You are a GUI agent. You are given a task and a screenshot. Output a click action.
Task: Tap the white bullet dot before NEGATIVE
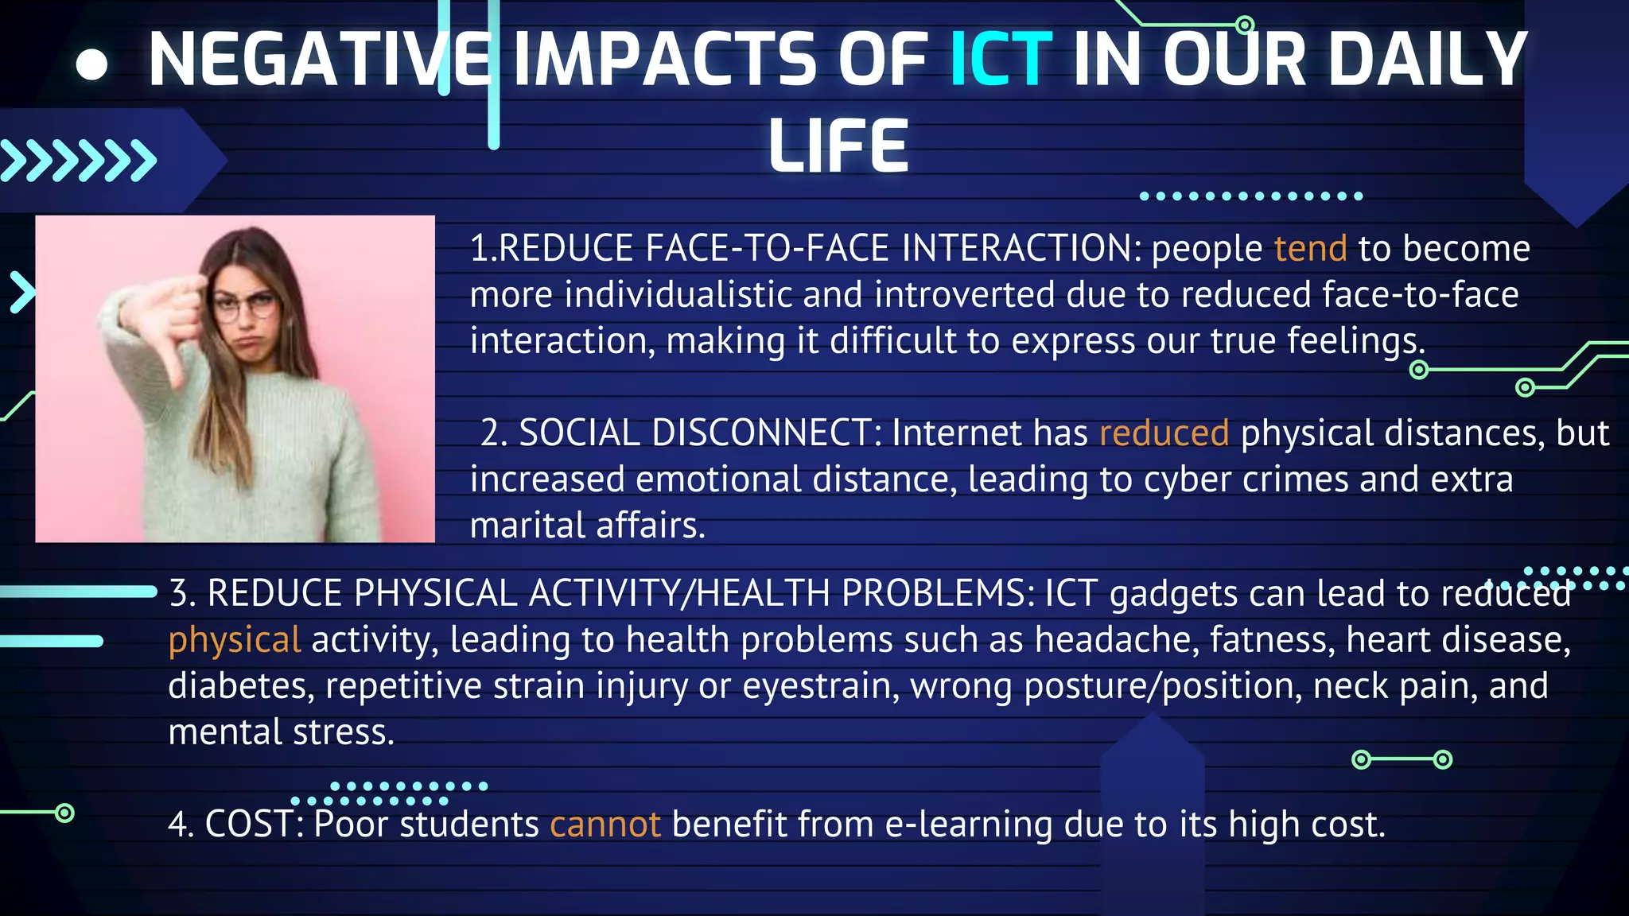click(x=92, y=64)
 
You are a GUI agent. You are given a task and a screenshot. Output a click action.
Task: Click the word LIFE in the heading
click(x=838, y=146)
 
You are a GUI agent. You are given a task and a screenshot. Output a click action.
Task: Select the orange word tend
click(x=1310, y=249)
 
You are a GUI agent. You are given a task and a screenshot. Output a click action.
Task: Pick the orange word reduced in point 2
click(x=1164, y=433)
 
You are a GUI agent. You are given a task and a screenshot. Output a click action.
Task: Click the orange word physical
click(x=235, y=641)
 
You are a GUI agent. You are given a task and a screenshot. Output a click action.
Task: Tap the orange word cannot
click(x=605, y=825)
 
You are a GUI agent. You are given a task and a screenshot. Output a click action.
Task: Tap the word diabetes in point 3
click(x=241, y=686)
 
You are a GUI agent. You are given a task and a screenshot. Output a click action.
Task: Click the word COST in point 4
click(x=249, y=825)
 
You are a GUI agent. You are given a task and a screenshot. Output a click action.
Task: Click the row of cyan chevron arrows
click(x=78, y=161)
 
